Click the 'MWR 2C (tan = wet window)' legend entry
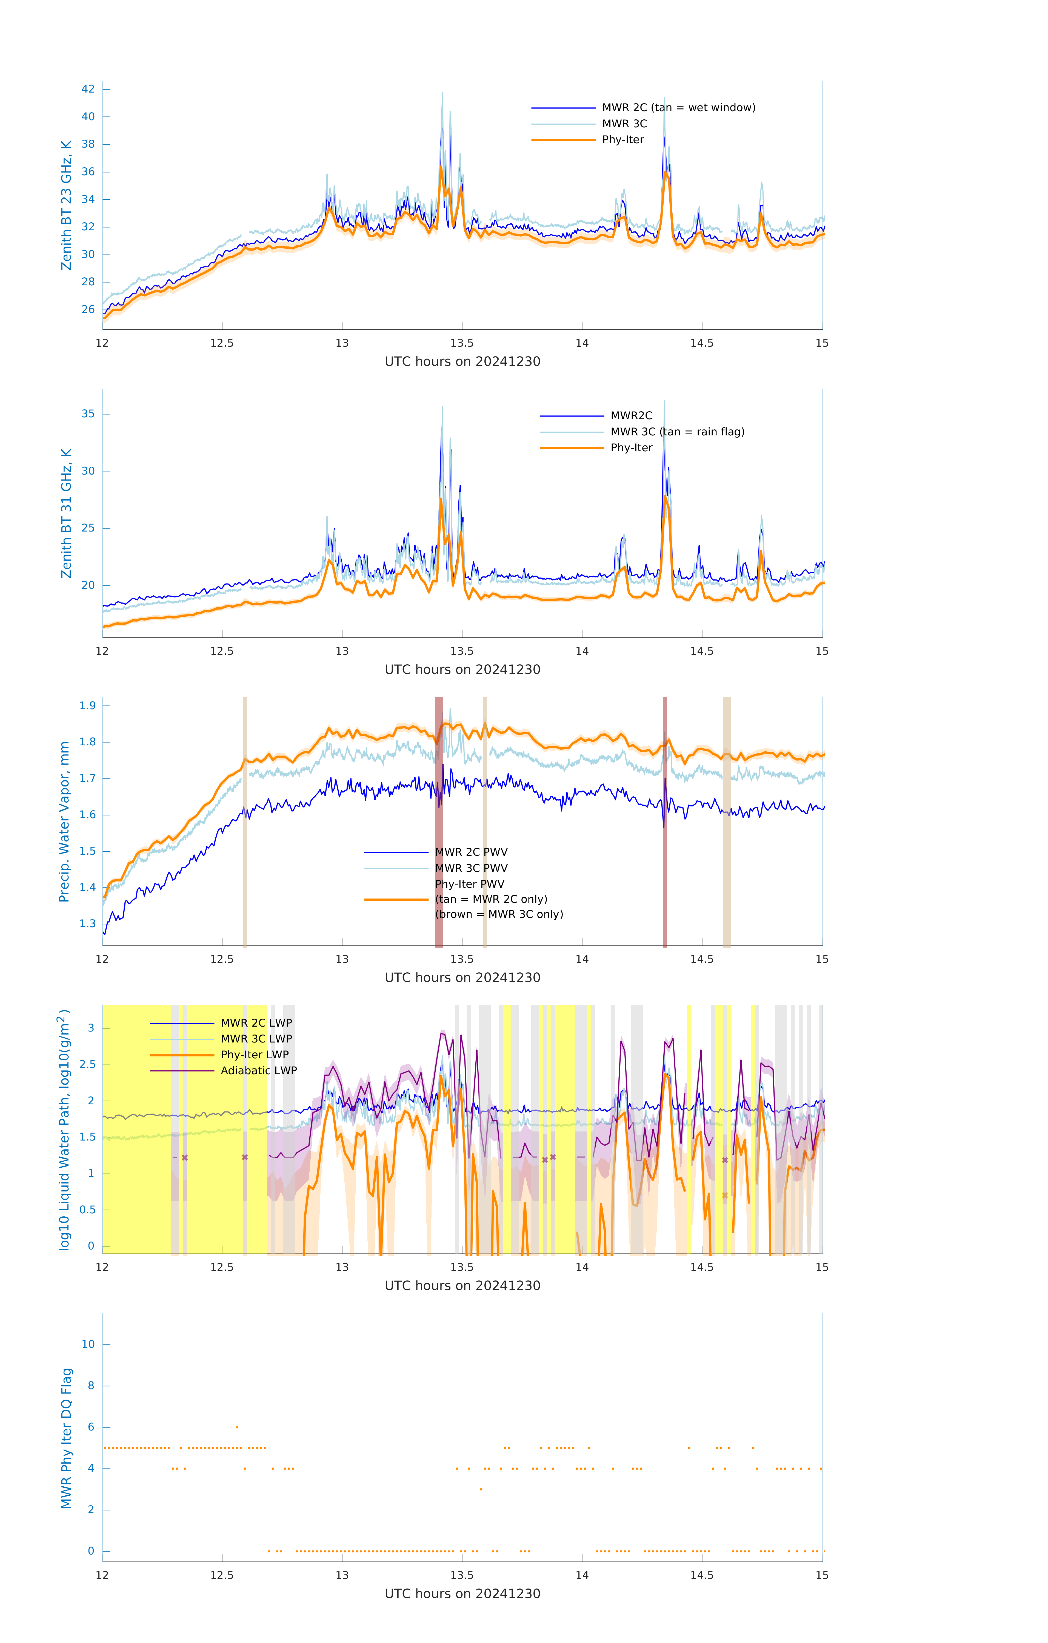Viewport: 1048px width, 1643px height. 678,108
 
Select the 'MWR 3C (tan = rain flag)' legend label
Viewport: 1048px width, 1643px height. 676,432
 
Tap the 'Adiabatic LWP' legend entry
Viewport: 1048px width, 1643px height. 258,1070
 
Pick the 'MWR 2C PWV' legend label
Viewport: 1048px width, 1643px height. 471,852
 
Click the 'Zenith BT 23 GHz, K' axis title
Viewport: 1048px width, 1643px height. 66,205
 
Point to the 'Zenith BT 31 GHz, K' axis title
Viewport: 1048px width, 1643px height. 66,514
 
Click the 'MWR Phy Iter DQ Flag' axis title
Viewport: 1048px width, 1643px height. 66,1438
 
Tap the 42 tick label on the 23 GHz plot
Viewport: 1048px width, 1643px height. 88,89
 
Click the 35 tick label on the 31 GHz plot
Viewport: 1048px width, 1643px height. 88,414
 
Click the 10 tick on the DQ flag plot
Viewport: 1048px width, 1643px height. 88,1344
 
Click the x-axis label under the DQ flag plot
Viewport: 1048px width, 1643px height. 462,1594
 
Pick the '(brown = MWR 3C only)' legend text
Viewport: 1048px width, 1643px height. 499,914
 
